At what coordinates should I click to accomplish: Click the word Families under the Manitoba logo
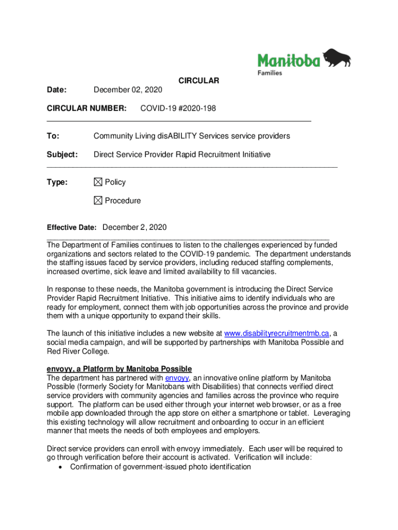pos(270,73)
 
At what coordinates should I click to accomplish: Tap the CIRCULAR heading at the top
pos(199,81)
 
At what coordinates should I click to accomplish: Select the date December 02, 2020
pos(128,90)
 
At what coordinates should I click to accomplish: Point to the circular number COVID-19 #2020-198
pos(178,109)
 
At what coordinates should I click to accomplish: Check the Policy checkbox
pos(98,182)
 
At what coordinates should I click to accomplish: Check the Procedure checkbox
pos(98,201)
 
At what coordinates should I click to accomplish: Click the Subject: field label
pos(62,155)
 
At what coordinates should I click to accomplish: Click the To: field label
pos(53,136)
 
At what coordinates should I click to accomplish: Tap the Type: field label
pos(57,182)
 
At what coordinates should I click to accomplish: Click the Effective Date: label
pos(72,228)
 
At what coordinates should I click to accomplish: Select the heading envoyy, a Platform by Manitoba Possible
pos(119,369)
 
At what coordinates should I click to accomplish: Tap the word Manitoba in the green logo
pos(289,61)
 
